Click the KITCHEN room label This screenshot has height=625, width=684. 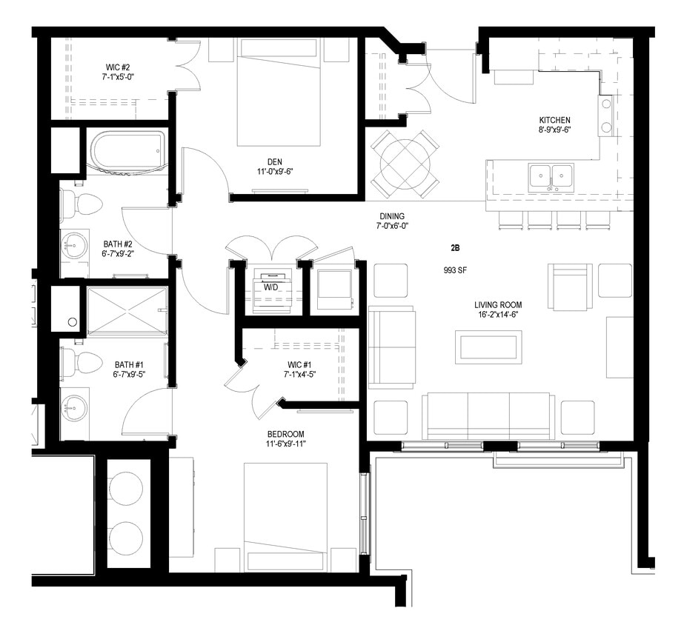click(554, 120)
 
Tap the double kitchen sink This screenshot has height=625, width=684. click(550, 177)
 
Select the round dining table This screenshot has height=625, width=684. click(405, 163)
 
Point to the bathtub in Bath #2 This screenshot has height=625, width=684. click(127, 150)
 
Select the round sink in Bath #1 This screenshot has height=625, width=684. click(74, 407)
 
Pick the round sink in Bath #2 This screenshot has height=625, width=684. click(74, 244)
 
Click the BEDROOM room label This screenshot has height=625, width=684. click(286, 434)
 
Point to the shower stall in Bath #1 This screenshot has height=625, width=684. click(127, 311)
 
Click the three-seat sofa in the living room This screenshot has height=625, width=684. click(488, 415)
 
